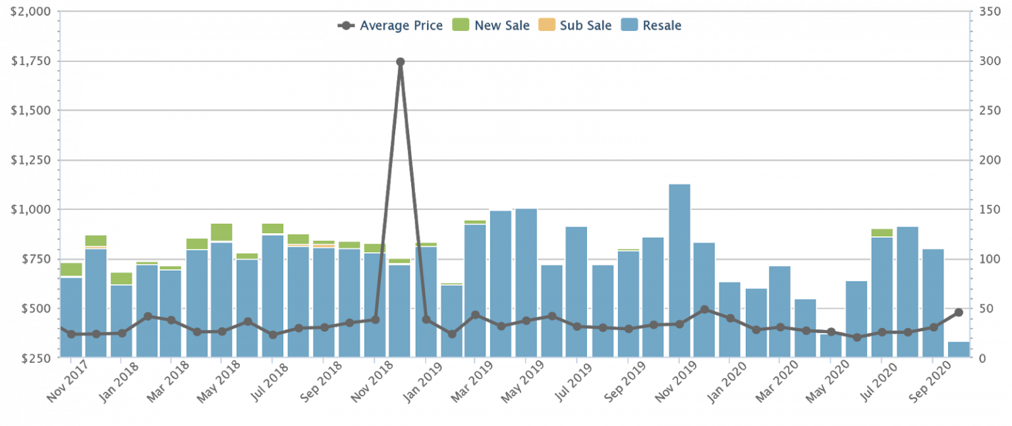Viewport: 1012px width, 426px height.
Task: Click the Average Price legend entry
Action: pyautogui.click(x=390, y=26)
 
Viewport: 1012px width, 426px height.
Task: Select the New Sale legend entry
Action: pyautogui.click(x=491, y=26)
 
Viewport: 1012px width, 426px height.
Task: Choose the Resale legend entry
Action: pyautogui.click(x=652, y=26)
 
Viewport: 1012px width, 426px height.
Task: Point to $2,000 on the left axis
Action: pyautogui.click(x=31, y=12)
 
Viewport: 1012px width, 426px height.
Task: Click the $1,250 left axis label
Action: pyautogui.click(x=31, y=160)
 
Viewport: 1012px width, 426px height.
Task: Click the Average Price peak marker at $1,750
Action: pyautogui.click(x=400, y=62)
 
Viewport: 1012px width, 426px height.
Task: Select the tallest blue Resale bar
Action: pyautogui.click(x=679, y=270)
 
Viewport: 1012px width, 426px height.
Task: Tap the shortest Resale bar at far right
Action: pyautogui.click(x=959, y=350)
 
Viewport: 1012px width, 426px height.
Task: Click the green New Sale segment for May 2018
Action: pyautogui.click(x=222, y=232)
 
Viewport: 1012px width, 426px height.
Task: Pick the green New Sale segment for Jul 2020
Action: pyautogui.click(x=882, y=232)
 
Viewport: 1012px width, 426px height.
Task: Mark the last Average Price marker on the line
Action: pyautogui.click(x=959, y=313)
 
